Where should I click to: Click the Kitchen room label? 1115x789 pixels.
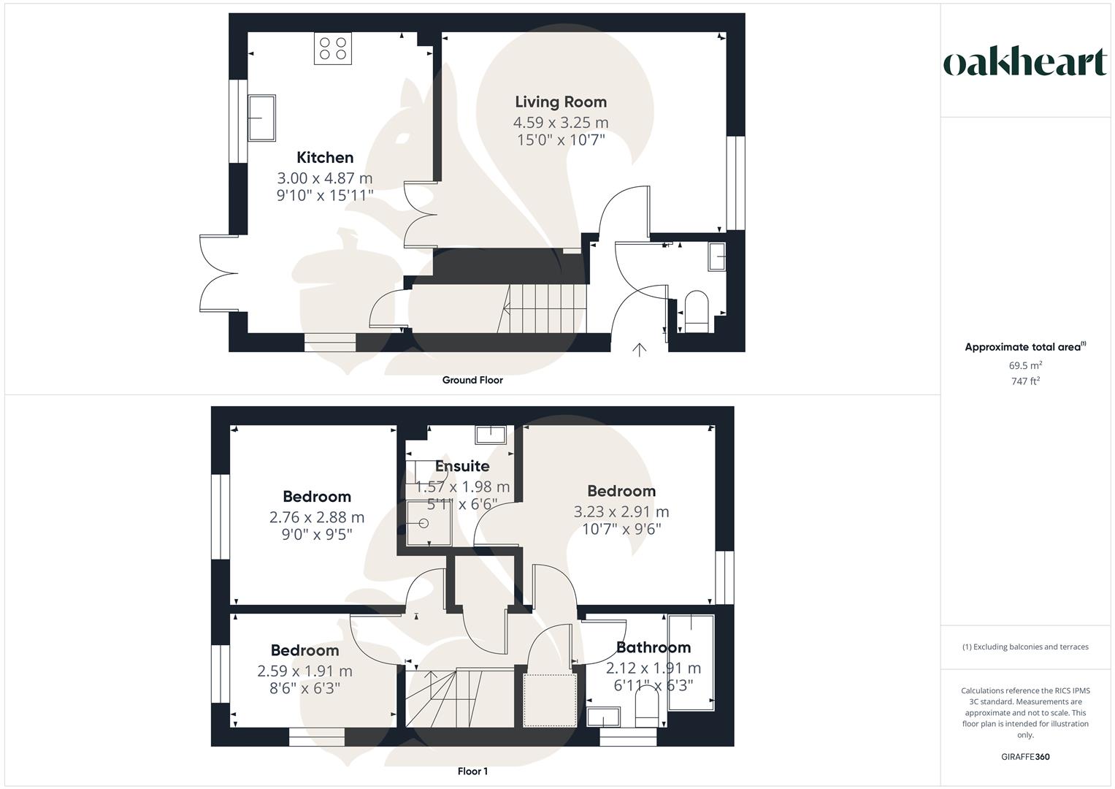(x=325, y=157)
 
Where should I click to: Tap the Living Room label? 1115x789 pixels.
(x=561, y=102)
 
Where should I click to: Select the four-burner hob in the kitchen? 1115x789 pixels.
(x=332, y=48)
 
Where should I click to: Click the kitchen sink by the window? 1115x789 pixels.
(x=262, y=118)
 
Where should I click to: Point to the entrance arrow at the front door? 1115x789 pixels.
(x=639, y=350)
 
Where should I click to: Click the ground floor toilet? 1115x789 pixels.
(x=697, y=310)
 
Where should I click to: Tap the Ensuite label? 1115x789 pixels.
(x=462, y=466)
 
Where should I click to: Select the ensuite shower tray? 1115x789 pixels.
(x=424, y=523)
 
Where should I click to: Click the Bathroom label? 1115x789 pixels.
(x=654, y=647)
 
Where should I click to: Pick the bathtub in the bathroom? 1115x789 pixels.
(x=691, y=662)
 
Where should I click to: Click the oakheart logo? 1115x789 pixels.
(x=1025, y=63)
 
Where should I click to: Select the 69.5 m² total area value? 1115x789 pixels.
(x=1025, y=365)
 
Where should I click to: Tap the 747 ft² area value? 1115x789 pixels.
(x=1025, y=381)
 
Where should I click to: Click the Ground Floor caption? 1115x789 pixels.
(x=472, y=380)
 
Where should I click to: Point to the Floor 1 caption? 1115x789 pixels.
(x=472, y=771)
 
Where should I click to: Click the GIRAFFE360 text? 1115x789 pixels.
(x=1025, y=757)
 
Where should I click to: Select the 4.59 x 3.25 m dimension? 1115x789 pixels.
(x=561, y=122)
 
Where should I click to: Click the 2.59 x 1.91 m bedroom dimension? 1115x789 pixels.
(x=304, y=671)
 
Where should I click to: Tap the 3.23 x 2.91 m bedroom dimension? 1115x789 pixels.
(x=621, y=511)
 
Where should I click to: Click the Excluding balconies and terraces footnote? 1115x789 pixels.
(x=1025, y=647)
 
